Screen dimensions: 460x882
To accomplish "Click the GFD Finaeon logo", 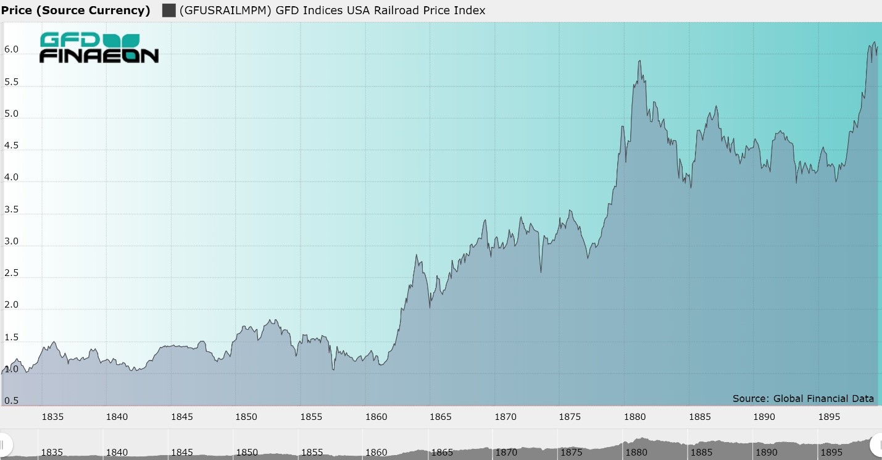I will tap(99, 48).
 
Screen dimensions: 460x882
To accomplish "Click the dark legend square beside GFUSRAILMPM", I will tap(168, 10).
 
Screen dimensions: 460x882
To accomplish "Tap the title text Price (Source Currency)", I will tap(75, 10).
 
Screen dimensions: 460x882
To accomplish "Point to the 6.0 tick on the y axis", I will tap(11, 49).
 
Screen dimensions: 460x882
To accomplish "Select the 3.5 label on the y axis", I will tap(11, 210).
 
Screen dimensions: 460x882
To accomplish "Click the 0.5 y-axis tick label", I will tap(11, 401).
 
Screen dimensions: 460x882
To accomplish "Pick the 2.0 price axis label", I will tap(11, 305).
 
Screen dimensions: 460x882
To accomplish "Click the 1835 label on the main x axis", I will tap(52, 417).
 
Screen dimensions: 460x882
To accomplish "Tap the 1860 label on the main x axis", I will tap(376, 417).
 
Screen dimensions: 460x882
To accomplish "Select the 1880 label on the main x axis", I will tap(634, 417).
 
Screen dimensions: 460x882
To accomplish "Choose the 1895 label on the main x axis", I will tap(829, 417).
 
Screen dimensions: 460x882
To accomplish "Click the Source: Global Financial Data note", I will tap(803, 398).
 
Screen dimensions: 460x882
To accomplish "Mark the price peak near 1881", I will tap(639, 61).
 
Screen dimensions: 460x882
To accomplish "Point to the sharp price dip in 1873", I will tap(541, 272).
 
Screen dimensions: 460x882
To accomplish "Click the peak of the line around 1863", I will tap(417, 255).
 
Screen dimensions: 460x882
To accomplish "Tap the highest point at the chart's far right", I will tap(875, 43).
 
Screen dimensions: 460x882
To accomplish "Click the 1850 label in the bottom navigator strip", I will tap(247, 453).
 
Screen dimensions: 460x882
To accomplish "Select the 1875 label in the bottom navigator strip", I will tap(571, 453).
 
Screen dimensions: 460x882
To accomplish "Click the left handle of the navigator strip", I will tap(5, 443).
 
